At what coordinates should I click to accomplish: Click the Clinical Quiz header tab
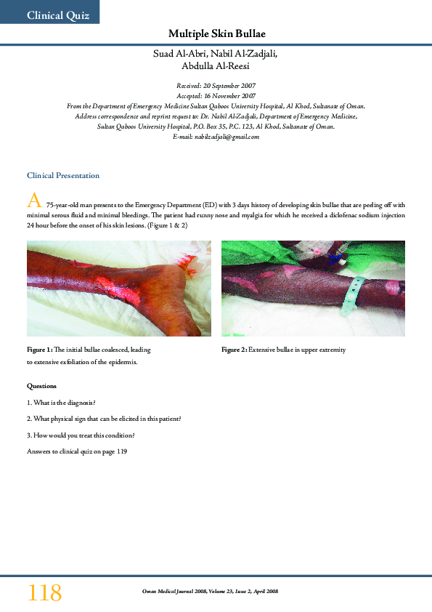click(x=58, y=15)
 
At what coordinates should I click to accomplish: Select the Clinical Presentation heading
click(x=63, y=176)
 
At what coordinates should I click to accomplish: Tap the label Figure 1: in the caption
click(x=40, y=350)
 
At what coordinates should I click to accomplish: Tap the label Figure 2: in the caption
click(x=235, y=350)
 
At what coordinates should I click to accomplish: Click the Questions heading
click(x=41, y=386)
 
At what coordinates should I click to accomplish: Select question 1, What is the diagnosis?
click(x=62, y=403)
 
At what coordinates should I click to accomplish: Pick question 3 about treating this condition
click(x=81, y=435)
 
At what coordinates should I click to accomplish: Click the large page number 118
click(x=45, y=592)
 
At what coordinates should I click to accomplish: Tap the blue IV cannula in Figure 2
click(x=336, y=257)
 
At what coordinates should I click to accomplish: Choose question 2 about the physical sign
click(x=104, y=419)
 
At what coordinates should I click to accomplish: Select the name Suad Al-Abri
click(x=179, y=53)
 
